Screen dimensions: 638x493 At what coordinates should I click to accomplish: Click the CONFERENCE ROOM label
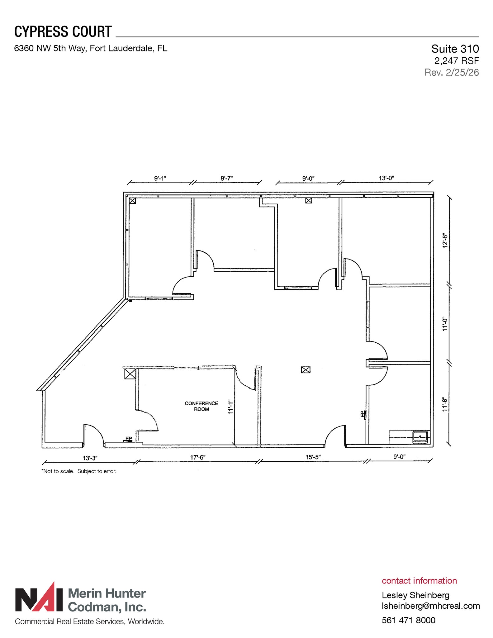pyautogui.click(x=201, y=406)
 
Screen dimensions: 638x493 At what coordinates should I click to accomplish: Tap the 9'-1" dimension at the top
pyautogui.click(x=160, y=178)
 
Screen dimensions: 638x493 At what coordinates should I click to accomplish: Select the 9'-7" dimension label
pyautogui.click(x=226, y=178)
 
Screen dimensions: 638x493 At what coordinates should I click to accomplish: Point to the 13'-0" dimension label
pyautogui.click(x=386, y=178)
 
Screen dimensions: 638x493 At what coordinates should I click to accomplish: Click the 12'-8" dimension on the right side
pyautogui.click(x=445, y=240)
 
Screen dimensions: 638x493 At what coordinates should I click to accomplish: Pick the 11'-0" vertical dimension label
pyautogui.click(x=445, y=324)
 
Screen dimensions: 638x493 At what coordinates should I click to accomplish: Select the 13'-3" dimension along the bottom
pyautogui.click(x=90, y=458)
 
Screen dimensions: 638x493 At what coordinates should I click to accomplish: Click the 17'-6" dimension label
pyautogui.click(x=198, y=457)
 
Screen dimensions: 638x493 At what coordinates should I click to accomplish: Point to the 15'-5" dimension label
pyautogui.click(x=313, y=457)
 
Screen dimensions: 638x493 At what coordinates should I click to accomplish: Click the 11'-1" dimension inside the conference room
pyautogui.click(x=230, y=407)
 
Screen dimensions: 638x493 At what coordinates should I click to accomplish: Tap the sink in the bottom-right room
pyautogui.click(x=420, y=437)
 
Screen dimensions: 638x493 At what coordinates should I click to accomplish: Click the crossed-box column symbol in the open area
pyautogui.click(x=306, y=370)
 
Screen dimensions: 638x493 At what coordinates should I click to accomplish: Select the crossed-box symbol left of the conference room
pyautogui.click(x=130, y=374)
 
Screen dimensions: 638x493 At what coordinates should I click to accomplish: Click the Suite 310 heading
pyautogui.click(x=455, y=49)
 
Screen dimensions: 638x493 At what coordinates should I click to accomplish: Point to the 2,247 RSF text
pyautogui.click(x=456, y=61)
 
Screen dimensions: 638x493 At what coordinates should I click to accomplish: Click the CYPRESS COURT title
pyautogui.click(x=63, y=32)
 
